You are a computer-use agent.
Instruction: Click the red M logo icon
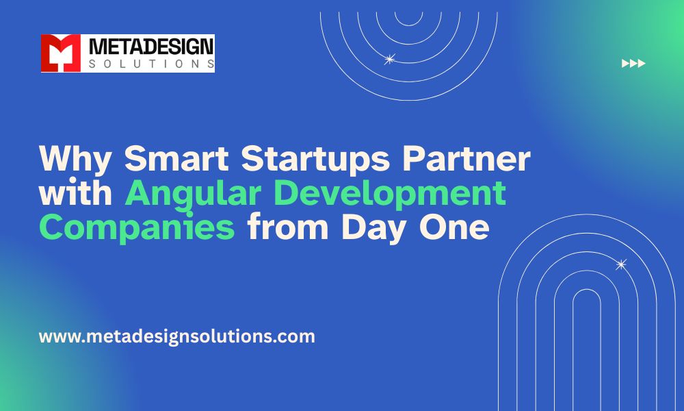coord(61,53)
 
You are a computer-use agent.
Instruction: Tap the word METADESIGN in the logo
coord(151,47)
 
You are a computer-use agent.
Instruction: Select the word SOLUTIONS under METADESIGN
coord(151,64)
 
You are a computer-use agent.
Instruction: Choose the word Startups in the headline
coord(315,159)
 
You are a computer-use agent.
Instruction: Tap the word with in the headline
coord(75,192)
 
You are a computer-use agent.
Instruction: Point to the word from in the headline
coord(287,227)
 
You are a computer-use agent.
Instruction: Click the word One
coord(454,227)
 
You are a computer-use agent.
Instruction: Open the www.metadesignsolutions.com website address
coord(176,337)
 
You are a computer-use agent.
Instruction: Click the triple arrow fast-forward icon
coord(633,63)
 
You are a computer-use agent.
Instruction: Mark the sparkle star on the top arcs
coord(390,59)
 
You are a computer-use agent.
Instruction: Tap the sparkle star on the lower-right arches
coord(621,264)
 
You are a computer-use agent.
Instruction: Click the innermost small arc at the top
coord(409,25)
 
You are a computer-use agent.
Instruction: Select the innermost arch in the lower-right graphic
coord(587,289)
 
